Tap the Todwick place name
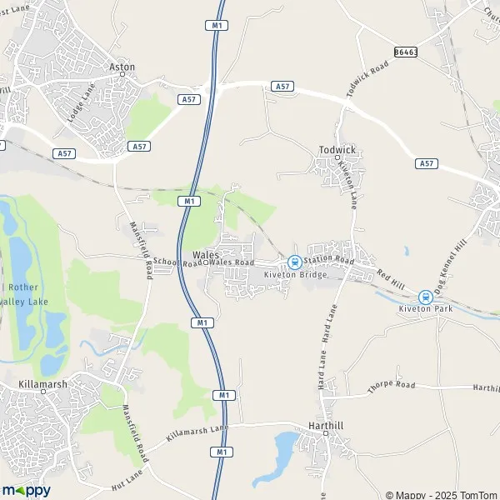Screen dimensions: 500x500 (x=337, y=150)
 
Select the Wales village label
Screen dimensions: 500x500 (x=205, y=253)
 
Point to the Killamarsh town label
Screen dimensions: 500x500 (x=42, y=386)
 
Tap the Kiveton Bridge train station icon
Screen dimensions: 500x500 (x=293, y=262)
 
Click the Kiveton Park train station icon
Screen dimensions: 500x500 (x=425, y=296)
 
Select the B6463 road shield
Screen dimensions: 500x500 (x=405, y=51)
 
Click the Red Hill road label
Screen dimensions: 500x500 (x=389, y=278)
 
